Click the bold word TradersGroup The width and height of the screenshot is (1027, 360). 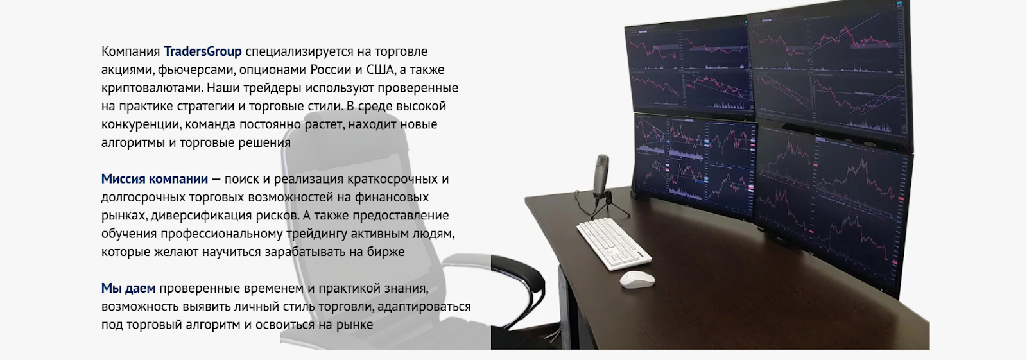pos(202,51)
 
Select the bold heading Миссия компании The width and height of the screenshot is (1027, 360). pos(154,179)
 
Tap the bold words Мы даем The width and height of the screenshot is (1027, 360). pos(128,289)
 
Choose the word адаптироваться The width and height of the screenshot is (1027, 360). pos(424,307)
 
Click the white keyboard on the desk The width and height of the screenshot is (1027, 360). pos(613,243)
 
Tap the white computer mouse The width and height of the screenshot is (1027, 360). pos(637,279)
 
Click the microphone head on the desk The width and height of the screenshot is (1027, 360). pos(603,172)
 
